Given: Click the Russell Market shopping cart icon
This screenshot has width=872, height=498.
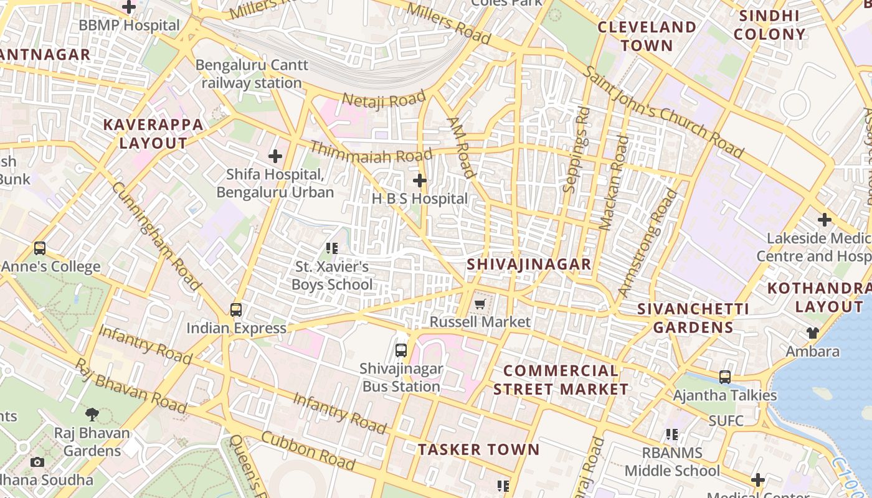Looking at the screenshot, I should click(479, 304).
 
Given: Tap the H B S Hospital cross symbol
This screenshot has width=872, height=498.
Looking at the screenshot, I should click(420, 181).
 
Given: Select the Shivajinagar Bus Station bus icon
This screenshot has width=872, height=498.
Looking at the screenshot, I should click(401, 350).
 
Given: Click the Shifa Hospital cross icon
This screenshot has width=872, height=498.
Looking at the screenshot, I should click(275, 156).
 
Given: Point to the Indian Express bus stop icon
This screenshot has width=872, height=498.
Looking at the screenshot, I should click(235, 309).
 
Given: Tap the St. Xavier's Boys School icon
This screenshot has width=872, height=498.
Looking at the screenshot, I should click(332, 249).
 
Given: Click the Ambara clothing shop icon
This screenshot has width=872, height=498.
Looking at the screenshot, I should click(812, 333).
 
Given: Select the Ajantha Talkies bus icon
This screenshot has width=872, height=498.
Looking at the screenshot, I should click(724, 377).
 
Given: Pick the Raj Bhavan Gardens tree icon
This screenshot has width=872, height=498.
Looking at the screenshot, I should click(92, 414).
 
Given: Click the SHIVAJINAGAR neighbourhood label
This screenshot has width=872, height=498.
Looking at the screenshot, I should click(529, 264).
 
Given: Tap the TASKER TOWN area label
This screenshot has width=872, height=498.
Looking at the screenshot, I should click(478, 449).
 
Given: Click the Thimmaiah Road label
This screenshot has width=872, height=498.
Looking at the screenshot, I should click(371, 152).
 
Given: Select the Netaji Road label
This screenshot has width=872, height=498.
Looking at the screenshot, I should click(384, 100).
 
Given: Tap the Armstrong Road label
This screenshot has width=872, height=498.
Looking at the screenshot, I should click(648, 243).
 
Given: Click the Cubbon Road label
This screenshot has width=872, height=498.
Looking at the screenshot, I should click(308, 451).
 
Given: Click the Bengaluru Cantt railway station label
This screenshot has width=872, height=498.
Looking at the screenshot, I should click(252, 73).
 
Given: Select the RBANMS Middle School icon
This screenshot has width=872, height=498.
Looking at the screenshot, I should click(671, 435).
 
